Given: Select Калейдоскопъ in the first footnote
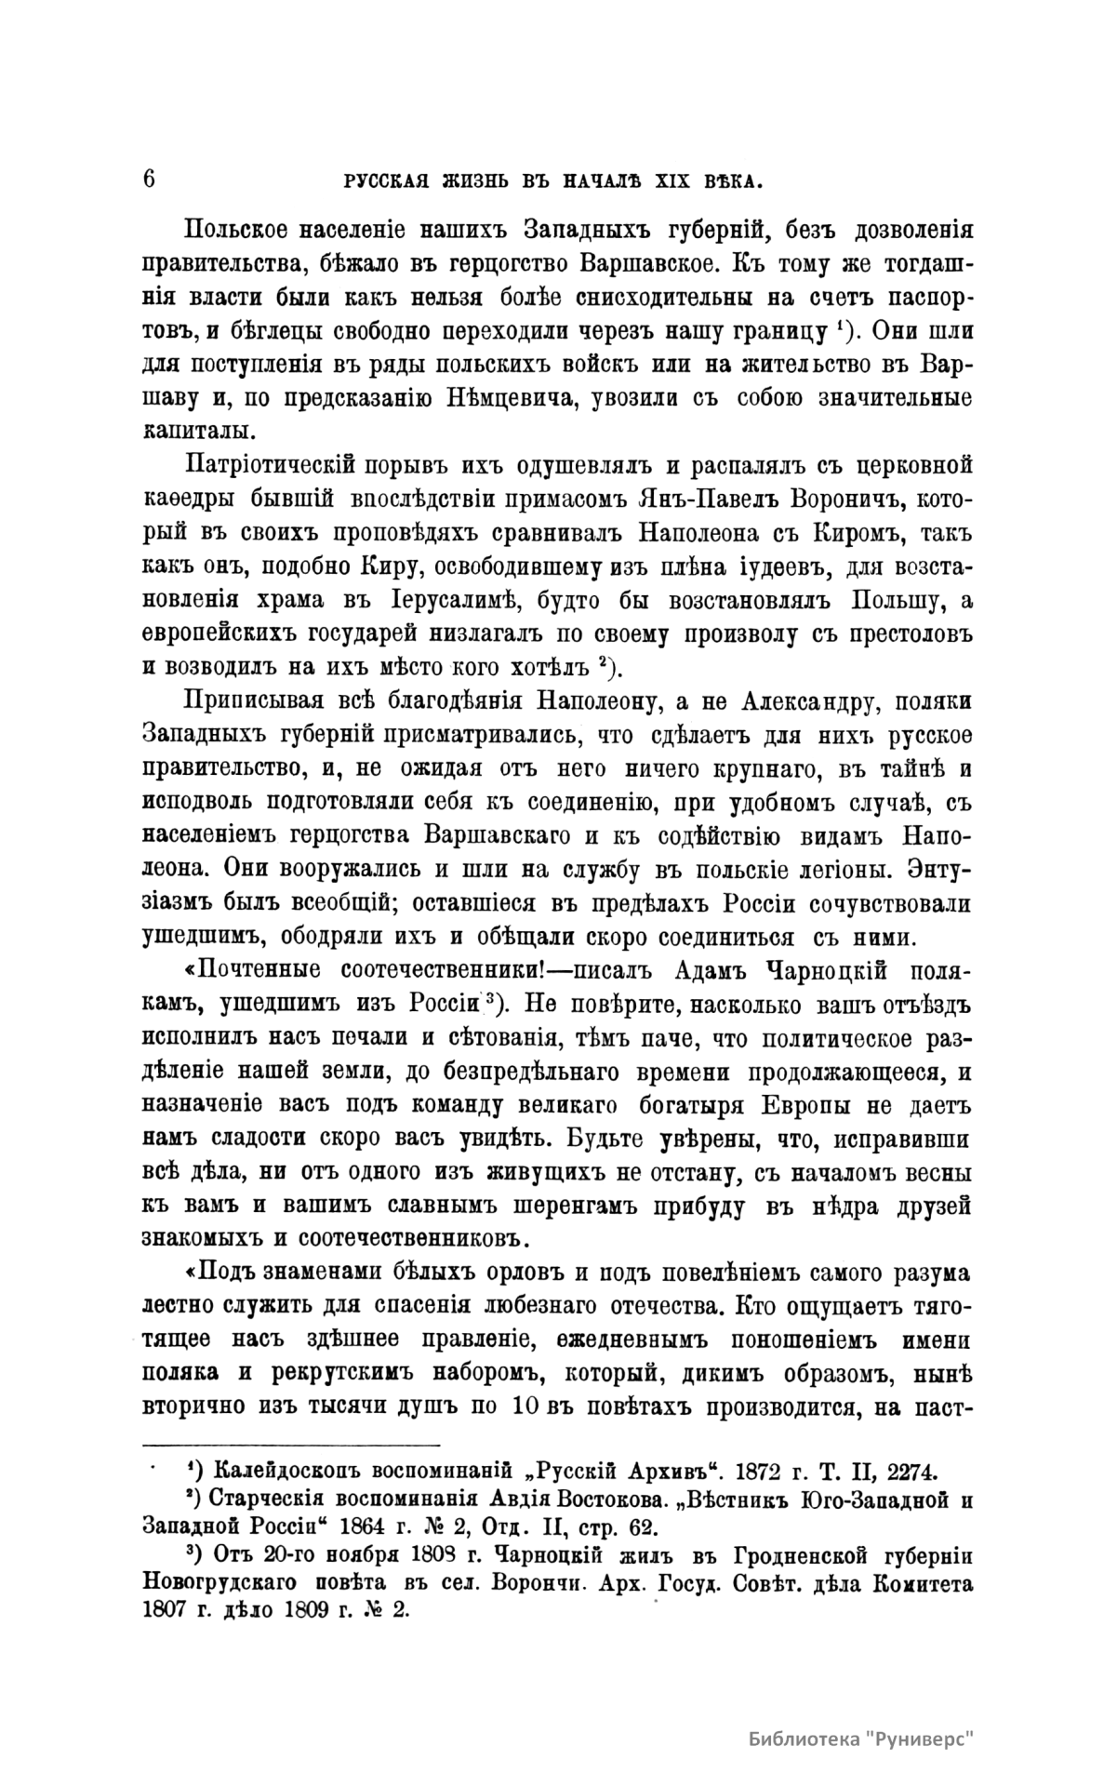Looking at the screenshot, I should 289,1473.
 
